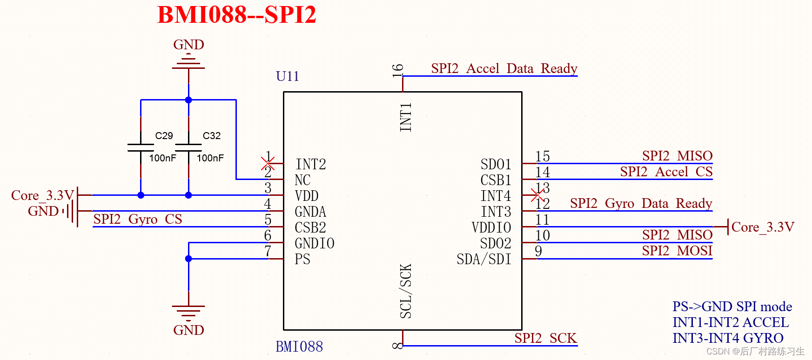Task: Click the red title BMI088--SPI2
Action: (236, 15)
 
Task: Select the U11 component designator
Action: (287, 76)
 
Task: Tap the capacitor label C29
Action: (164, 136)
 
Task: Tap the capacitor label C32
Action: (212, 136)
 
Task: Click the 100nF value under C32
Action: (210, 158)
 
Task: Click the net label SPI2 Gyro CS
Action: (137, 219)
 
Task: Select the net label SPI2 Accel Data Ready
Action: (504, 69)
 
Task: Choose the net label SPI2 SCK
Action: (545, 338)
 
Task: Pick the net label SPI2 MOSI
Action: (677, 251)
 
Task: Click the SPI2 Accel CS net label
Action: (666, 172)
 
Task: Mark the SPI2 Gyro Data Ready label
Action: (641, 204)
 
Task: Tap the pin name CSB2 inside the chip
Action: (310, 227)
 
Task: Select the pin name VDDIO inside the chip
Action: (491, 227)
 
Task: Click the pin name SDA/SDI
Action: (483, 259)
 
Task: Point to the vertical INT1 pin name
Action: (406, 117)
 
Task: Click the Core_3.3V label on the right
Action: (762, 227)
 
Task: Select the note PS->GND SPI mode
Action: (732, 307)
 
